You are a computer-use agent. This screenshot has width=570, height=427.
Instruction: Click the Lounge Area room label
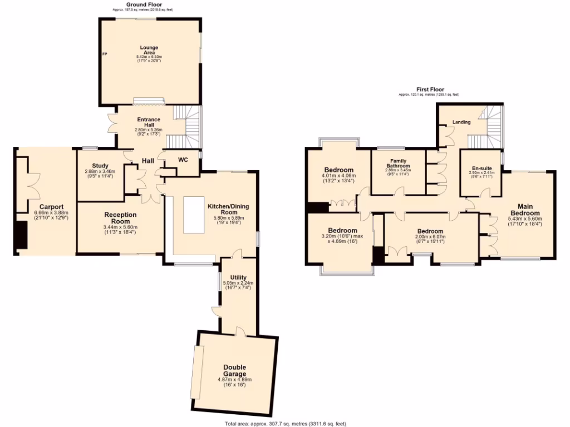(x=149, y=49)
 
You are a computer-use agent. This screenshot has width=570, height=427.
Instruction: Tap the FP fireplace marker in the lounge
(x=104, y=54)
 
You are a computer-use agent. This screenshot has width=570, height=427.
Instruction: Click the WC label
(x=183, y=160)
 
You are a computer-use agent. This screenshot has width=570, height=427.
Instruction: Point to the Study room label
(x=100, y=165)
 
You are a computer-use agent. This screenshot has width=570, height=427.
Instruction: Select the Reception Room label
(x=120, y=217)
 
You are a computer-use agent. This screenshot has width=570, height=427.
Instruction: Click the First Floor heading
(x=429, y=89)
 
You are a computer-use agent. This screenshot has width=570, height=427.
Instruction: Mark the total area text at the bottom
(x=284, y=423)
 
